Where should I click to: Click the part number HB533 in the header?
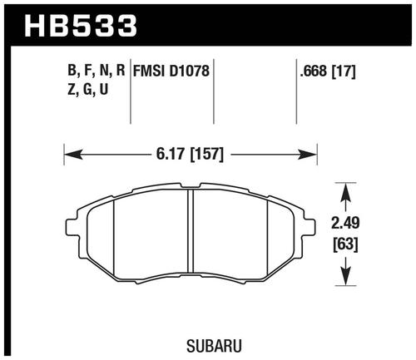click(x=81, y=26)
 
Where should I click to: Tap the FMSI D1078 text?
click(x=171, y=71)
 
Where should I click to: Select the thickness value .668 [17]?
click(x=327, y=72)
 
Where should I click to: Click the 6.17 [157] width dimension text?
click(x=190, y=154)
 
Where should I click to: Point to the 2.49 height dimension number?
click(x=345, y=223)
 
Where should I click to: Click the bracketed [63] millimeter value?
click(x=345, y=244)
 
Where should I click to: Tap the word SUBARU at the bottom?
click(x=214, y=345)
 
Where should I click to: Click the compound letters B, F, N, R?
click(x=97, y=71)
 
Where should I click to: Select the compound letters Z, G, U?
click(x=88, y=89)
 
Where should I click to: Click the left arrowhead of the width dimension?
click(x=73, y=155)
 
